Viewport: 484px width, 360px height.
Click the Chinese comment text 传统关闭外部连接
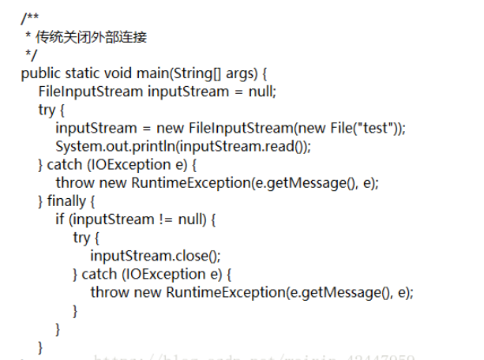(x=92, y=36)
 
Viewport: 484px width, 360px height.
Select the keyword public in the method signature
(x=40, y=73)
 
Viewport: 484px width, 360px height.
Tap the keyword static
(x=83, y=73)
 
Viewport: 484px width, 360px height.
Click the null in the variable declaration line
(x=261, y=92)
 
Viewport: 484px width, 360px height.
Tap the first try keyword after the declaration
(x=47, y=110)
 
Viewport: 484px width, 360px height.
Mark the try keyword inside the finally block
(x=81, y=238)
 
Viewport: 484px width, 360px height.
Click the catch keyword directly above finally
(x=64, y=164)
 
